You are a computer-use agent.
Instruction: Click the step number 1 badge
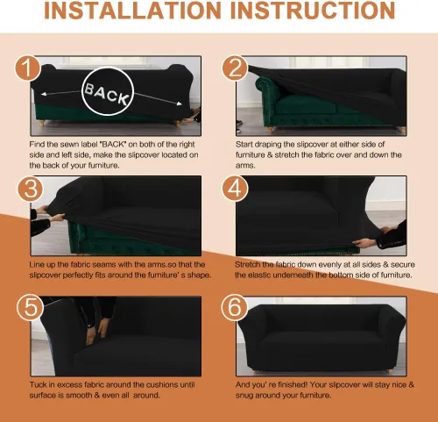click(x=27, y=68)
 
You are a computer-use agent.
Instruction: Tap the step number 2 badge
click(x=235, y=68)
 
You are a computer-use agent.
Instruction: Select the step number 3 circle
click(x=31, y=189)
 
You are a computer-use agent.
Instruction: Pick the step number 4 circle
click(x=235, y=189)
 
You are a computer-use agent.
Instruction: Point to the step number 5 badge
click(x=31, y=308)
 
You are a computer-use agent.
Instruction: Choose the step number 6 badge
click(x=235, y=308)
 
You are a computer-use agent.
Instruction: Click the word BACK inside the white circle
click(x=107, y=93)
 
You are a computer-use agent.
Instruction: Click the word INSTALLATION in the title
click(x=132, y=11)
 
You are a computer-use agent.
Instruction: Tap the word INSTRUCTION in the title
click(x=313, y=11)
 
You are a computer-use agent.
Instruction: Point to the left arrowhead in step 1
click(x=44, y=94)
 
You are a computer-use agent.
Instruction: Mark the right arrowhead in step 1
click(x=180, y=104)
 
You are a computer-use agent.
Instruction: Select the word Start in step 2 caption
click(x=244, y=145)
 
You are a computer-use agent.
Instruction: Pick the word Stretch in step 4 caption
click(x=247, y=265)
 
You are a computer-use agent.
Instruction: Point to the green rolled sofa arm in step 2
click(x=265, y=87)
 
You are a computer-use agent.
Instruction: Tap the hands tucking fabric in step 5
click(x=97, y=331)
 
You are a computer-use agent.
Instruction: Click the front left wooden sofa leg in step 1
click(x=42, y=123)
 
